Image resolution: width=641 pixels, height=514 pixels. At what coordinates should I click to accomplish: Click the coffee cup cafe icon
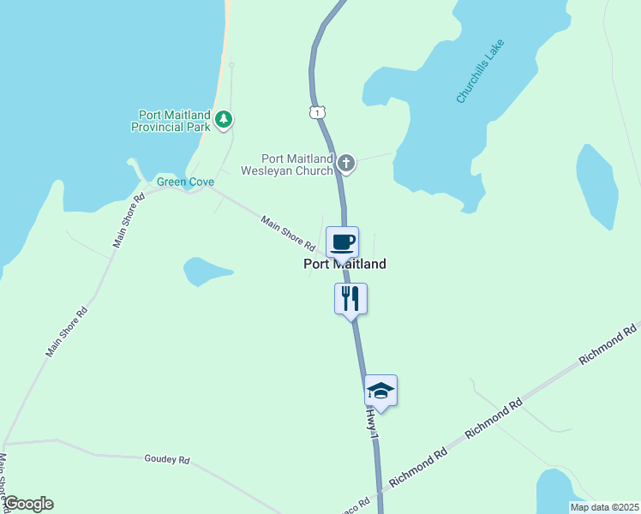342,242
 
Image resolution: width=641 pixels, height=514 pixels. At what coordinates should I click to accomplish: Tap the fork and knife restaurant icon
350,298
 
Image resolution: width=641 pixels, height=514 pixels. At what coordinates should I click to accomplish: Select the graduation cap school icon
380,391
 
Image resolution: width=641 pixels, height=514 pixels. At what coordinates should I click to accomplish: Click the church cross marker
345,163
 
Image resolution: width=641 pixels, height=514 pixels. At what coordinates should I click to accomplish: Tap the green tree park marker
224,119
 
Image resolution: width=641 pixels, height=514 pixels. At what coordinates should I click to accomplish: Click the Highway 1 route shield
317,112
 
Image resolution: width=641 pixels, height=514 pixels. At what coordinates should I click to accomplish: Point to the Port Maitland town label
344,265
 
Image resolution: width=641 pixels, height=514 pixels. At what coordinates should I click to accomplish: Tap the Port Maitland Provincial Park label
171,121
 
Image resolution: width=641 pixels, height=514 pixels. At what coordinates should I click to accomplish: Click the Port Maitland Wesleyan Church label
297,164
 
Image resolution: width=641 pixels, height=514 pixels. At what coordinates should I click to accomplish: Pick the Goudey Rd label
166,460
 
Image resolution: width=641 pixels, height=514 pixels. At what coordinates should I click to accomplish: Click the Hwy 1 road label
372,424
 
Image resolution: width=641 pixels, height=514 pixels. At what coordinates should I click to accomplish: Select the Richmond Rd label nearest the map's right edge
608,344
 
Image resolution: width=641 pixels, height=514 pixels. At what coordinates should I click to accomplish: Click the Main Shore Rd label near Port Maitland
289,234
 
